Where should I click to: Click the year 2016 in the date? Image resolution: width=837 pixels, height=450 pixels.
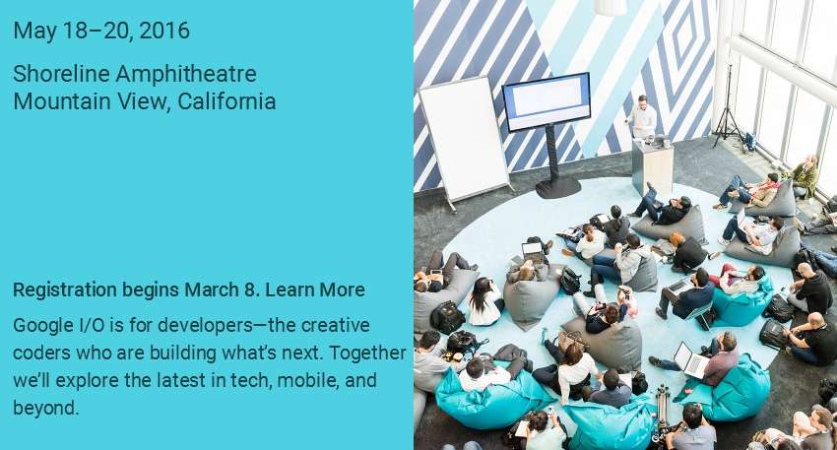pos(164,31)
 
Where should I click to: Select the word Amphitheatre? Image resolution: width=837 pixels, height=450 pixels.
pos(186,75)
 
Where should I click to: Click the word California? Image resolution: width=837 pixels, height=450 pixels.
pos(226,101)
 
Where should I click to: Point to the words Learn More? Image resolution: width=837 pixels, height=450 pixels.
pos(315,289)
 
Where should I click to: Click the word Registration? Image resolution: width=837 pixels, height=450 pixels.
pos(65,290)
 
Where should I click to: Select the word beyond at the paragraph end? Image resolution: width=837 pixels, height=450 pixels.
pos(46,409)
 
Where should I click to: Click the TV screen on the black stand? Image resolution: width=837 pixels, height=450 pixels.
pos(547,101)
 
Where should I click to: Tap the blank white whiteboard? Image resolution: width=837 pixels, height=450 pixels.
pos(464,140)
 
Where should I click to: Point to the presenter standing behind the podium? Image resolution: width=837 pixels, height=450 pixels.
pos(642,117)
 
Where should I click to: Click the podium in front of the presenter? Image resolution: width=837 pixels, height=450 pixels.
pos(652,166)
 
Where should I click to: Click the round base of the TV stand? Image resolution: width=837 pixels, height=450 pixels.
pos(557,188)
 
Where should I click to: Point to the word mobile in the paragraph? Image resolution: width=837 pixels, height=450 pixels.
pos(307,381)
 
